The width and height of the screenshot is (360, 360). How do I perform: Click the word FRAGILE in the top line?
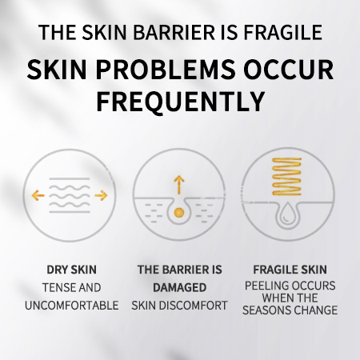pos(282,33)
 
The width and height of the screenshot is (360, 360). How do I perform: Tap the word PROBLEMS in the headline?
pos(166,70)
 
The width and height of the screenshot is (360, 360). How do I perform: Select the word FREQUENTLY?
pos(181,102)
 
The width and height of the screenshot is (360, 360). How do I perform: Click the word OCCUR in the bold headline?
pos(289,70)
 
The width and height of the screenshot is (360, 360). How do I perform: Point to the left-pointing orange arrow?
pos(38,195)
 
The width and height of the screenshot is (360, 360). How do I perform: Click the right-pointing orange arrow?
pos(101,195)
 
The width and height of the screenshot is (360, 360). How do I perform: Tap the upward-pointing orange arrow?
pos(179,185)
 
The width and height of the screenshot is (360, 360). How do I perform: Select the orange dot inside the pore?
pos(179,213)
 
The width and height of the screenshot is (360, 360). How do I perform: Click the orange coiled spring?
pos(286,176)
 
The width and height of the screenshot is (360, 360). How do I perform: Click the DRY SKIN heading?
pos(71,270)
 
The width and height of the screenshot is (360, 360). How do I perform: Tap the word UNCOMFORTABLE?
pos(71,306)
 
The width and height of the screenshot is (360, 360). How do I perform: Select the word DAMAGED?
pos(179,287)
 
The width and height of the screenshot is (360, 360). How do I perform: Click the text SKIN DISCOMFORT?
pos(179,306)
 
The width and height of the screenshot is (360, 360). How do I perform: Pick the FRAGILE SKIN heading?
pos(290,270)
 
